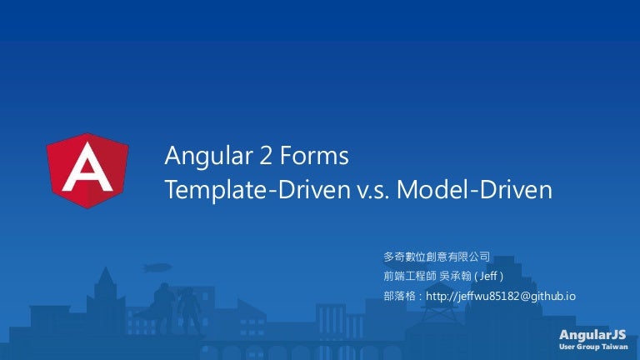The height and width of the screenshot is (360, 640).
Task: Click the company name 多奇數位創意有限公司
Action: (436, 257)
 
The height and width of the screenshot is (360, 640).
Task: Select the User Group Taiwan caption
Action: (592, 346)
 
